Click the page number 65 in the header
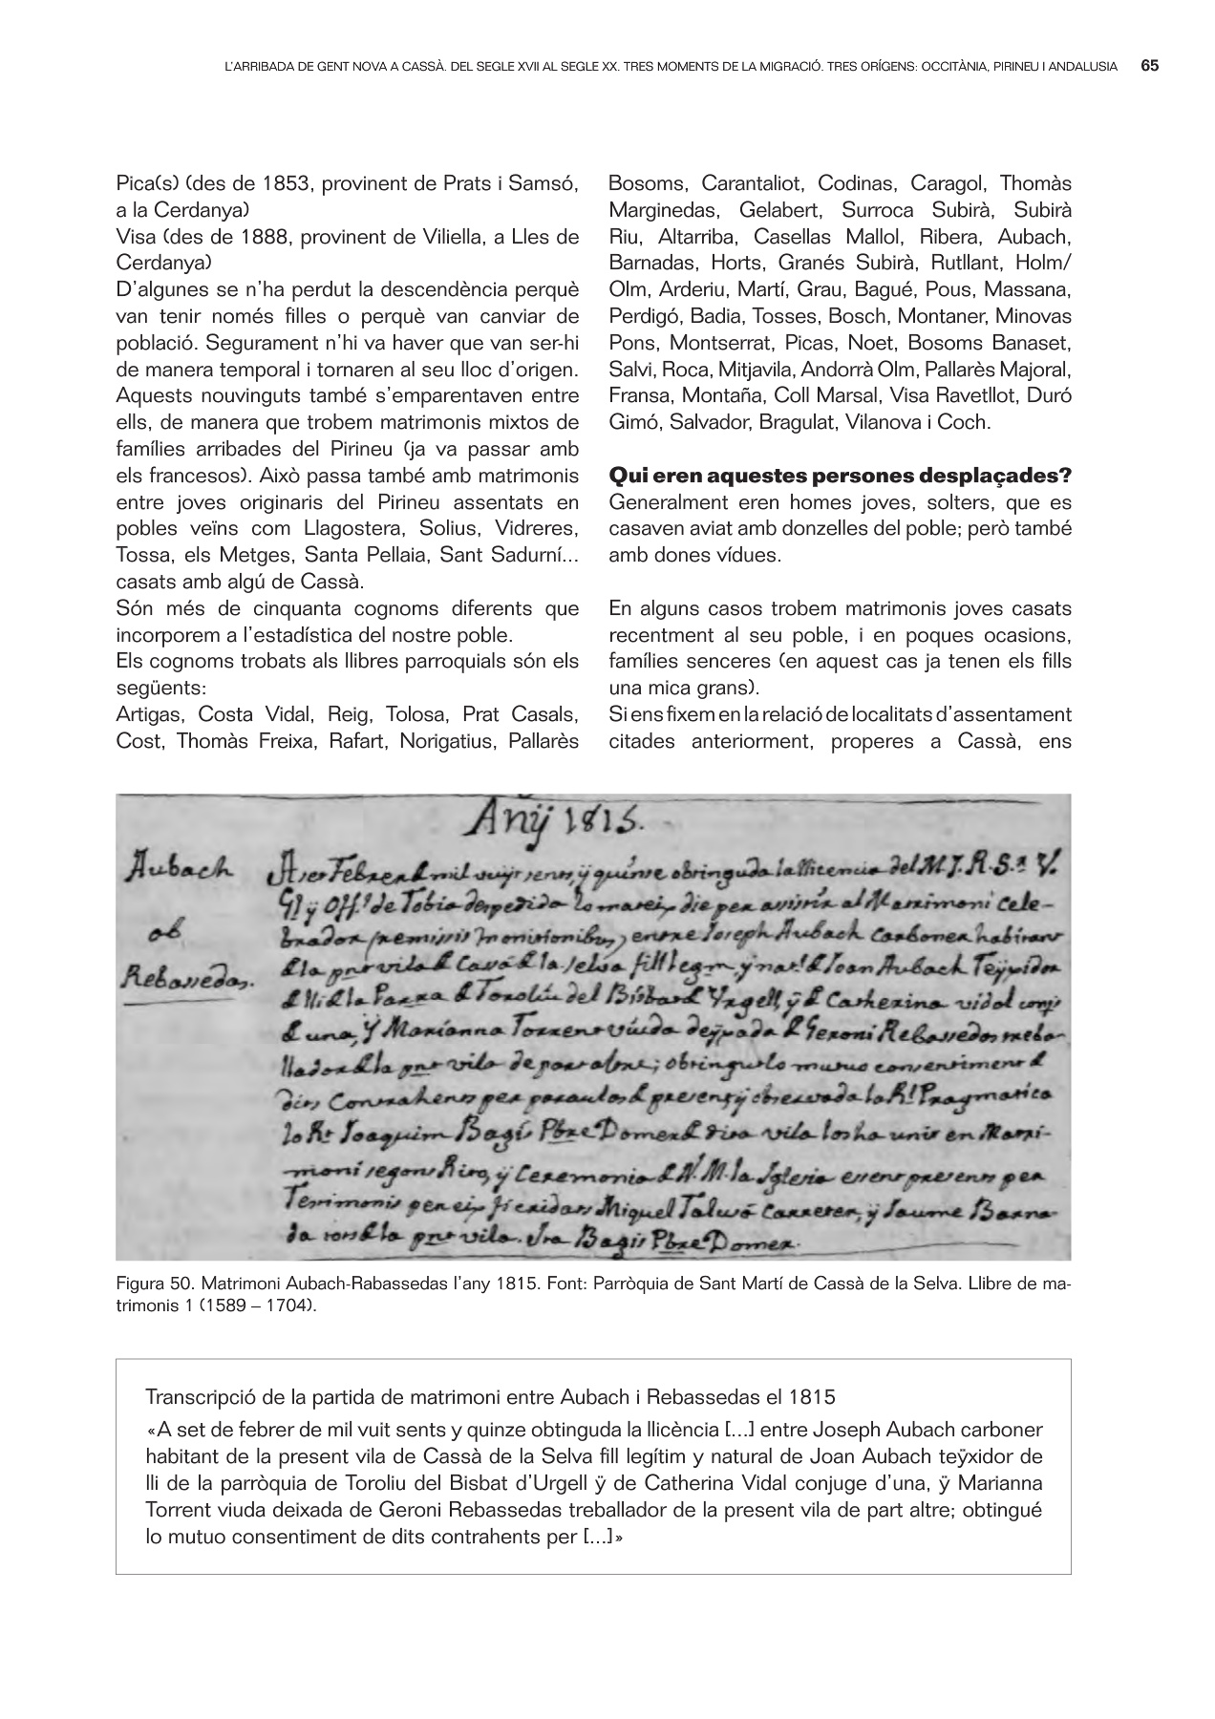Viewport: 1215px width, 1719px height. (1149, 67)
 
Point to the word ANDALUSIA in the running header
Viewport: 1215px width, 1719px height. (1082, 67)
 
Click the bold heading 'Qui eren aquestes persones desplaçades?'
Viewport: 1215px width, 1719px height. (840, 475)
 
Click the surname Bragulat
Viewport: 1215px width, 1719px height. (799, 422)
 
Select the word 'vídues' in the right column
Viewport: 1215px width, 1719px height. (750, 555)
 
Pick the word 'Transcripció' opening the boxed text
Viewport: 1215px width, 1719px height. (195, 1397)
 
